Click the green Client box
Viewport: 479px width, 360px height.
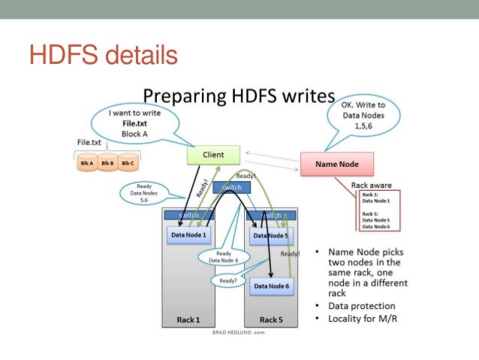point(213,156)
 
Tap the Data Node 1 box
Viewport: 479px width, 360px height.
point(188,234)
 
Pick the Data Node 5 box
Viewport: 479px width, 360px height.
point(270,235)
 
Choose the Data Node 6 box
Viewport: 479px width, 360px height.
point(270,286)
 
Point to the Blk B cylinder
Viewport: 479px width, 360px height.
point(107,163)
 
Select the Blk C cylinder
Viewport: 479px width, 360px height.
point(127,163)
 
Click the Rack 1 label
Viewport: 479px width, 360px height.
point(188,319)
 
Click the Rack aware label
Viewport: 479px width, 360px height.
point(371,184)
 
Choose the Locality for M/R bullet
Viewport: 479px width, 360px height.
point(363,319)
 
